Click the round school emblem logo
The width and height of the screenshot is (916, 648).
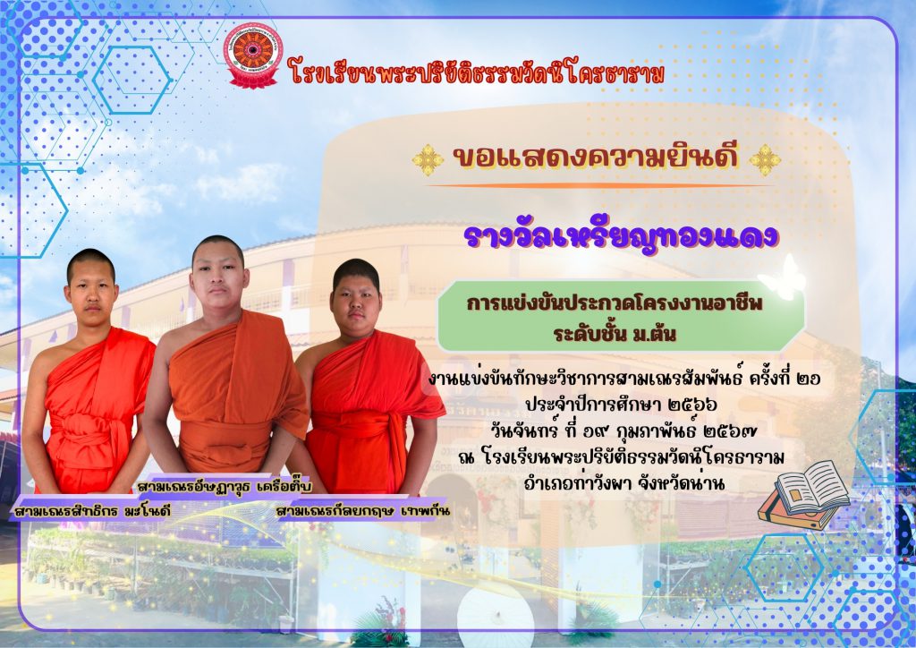(253, 55)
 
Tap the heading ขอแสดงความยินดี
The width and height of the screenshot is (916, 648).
(596, 158)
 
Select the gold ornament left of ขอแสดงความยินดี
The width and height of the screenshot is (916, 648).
(428, 159)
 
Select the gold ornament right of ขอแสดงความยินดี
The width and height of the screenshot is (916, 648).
(765, 159)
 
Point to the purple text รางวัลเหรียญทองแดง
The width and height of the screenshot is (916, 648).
(621, 236)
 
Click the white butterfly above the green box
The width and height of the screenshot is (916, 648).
(782, 278)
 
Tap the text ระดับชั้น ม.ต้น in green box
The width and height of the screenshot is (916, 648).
(615, 334)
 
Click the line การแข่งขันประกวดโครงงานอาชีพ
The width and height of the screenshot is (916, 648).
(615, 303)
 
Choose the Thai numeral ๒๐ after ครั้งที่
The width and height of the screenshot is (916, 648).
(809, 379)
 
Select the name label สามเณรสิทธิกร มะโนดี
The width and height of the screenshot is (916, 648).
(92, 512)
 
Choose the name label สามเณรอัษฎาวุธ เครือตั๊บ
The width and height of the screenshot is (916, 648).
(225, 486)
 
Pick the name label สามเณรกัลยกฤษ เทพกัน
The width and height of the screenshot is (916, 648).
(363, 512)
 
